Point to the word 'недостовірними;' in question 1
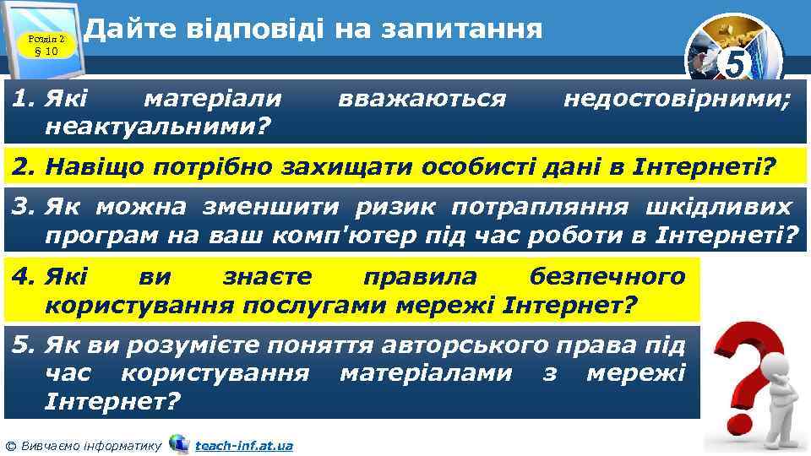pyautogui.click(x=677, y=100)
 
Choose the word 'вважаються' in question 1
pyautogui.click(x=422, y=100)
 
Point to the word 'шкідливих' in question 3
pyautogui.click(x=721, y=207)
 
